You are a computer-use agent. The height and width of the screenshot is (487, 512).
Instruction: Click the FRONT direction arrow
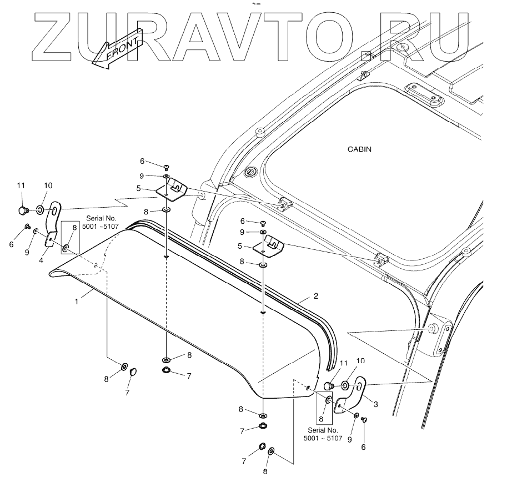point(117,49)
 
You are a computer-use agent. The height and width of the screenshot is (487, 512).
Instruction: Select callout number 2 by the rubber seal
point(315,297)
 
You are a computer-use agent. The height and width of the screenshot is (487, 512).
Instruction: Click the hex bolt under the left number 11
point(23,210)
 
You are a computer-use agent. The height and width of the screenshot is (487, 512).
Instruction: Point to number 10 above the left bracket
point(48,185)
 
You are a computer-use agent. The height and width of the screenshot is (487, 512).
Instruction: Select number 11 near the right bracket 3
point(343,363)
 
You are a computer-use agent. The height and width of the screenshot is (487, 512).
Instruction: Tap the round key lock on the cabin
point(250,172)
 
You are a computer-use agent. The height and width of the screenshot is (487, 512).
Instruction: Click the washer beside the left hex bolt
point(41,210)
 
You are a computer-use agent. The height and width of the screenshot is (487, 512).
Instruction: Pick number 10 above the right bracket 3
point(360,361)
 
